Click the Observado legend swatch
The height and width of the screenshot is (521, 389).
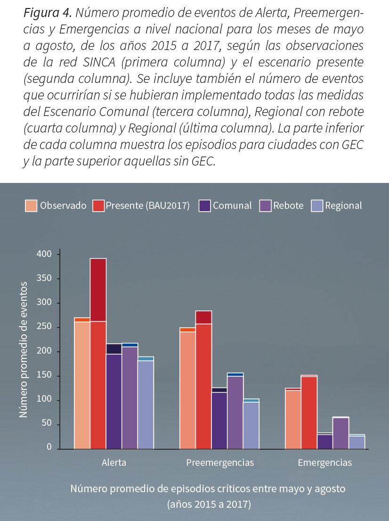(x=31, y=206)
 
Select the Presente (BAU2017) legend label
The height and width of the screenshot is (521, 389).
(x=147, y=206)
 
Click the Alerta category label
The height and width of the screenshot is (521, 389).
(x=114, y=463)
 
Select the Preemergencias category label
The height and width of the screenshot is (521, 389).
(x=220, y=463)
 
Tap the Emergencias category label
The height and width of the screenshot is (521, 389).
(x=324, y=463)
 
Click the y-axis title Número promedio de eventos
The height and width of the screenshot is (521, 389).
(x=23, y=349)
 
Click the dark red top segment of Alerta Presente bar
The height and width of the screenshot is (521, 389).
(x=98, y=289)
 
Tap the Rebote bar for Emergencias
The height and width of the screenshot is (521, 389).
(x=340, y=433)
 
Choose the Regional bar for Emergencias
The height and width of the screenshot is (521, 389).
(x=357, y=442)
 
